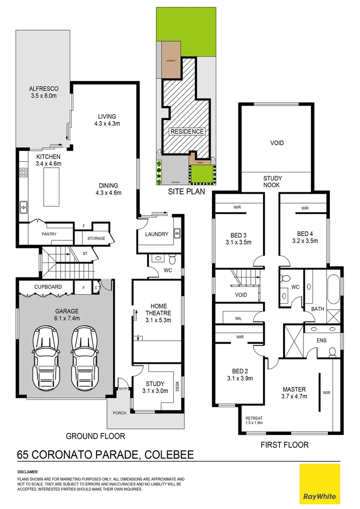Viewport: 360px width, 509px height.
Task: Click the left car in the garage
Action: (46, 357)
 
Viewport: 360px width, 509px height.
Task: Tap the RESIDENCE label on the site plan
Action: (187, 131)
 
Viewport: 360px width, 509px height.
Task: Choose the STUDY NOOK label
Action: (272, 181)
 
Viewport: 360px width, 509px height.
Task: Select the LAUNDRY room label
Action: (157, 234)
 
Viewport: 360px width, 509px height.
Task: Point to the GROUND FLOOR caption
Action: (95, 436)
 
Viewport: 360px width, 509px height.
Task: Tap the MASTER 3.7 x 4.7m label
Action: (295, 393)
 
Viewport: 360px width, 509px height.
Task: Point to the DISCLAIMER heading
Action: (28, 472)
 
